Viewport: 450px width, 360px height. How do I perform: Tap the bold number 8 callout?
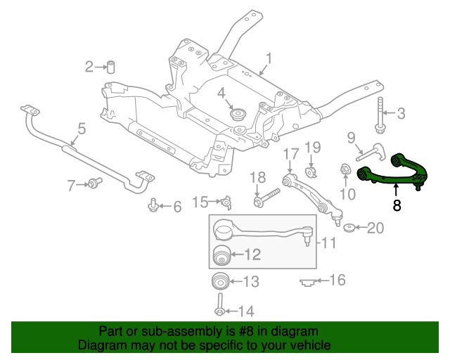(x=397, y=206)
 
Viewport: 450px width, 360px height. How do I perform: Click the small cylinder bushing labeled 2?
(x=110, y=67)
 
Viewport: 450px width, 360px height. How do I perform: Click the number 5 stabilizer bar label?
(x=82, y=129)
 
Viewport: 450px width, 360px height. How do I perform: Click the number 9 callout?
(x=351, y=138)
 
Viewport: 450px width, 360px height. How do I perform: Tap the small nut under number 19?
(x=313, y=172)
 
